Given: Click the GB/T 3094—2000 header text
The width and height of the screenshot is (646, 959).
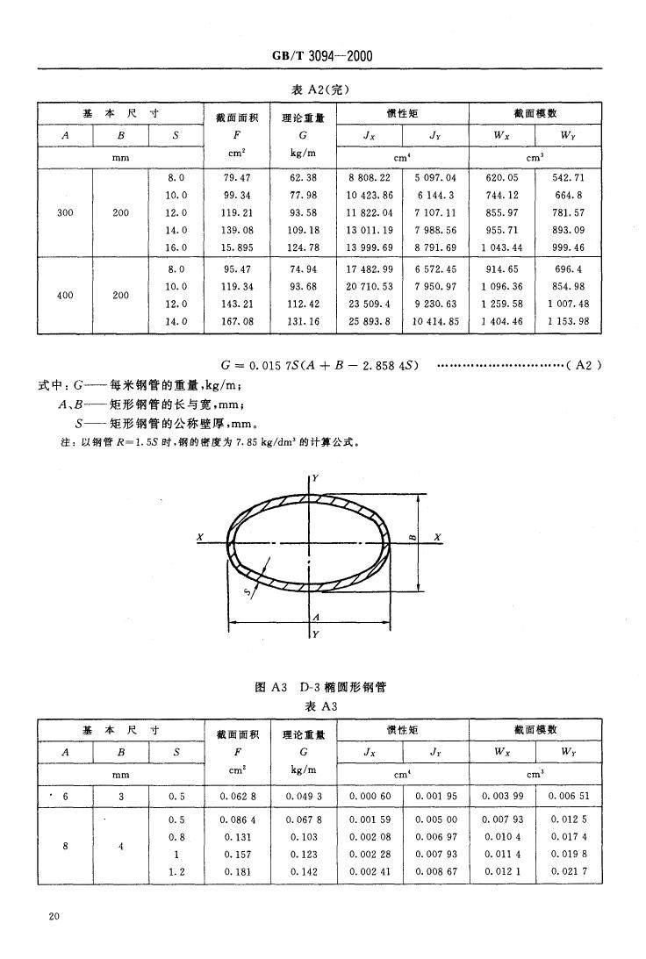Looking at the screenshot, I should coord(323,56).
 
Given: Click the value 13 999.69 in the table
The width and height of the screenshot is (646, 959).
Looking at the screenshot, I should coord(370,248).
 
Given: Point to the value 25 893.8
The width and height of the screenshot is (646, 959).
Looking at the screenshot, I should coord(370,322).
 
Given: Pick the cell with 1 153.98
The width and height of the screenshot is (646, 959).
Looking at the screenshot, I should coord(569,322).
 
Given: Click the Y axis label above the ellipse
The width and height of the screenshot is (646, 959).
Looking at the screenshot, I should coord(315,477).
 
